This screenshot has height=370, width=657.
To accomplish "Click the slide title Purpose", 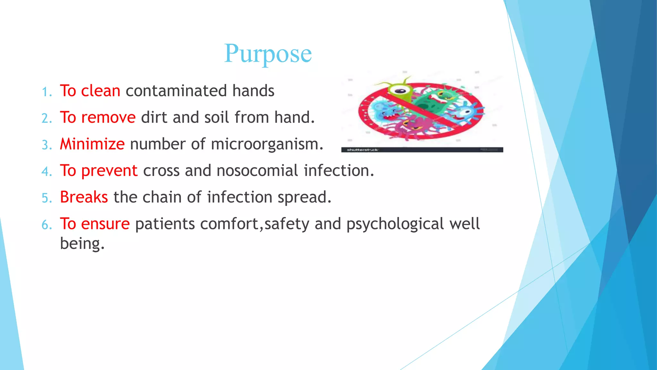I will click(x=268, y=54).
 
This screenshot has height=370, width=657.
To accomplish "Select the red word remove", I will click(x=108, y=118).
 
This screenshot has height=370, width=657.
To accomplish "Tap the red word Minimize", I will click(x=92, y=144).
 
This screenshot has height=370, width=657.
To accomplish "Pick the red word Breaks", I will click(x=84, y=197).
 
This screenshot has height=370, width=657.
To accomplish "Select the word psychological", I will click(x=395, y=224).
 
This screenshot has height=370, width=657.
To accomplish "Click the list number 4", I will click(x=47, y=172).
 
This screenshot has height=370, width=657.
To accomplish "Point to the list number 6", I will click(x=47, y=225).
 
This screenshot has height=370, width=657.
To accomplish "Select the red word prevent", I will click(x=109, y=171).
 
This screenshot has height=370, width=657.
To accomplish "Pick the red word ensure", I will click(x=106, y=224).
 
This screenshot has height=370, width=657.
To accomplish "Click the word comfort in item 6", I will click(x=229, y=224).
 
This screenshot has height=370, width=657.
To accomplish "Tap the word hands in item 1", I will click(x=253, y=91).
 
